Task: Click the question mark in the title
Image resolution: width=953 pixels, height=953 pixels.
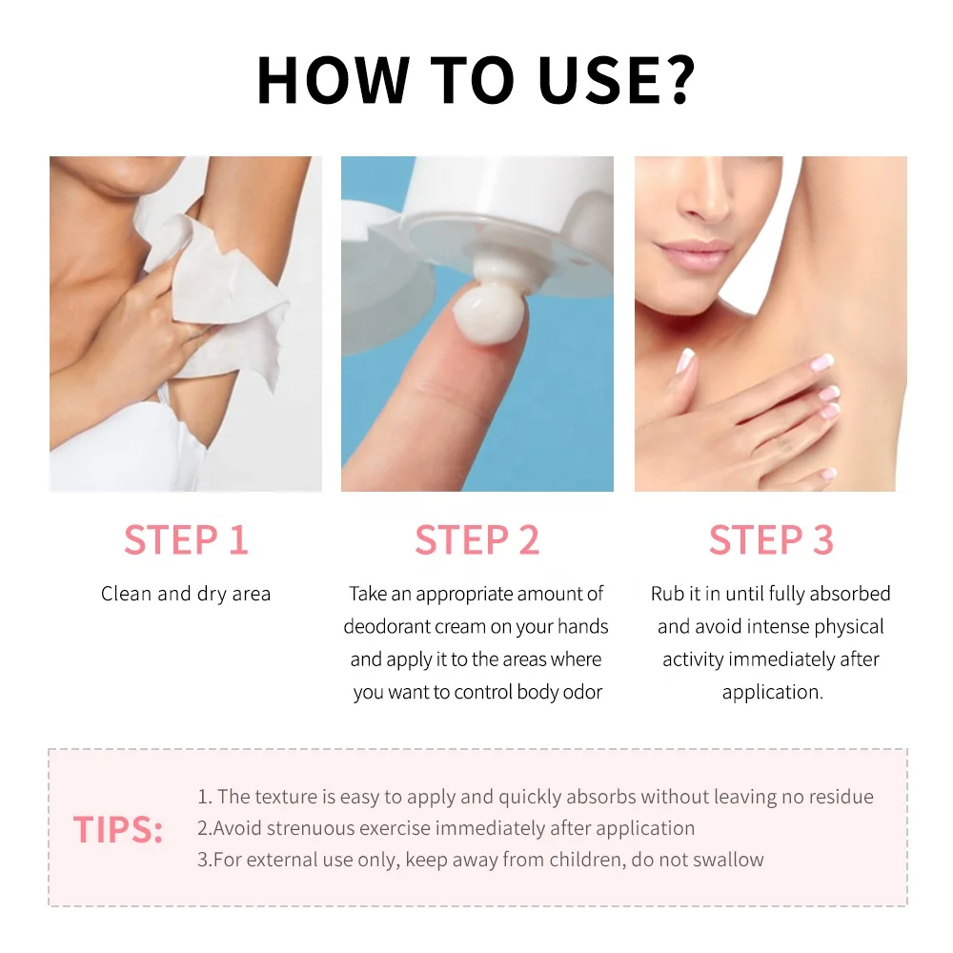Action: (x=677, y=80)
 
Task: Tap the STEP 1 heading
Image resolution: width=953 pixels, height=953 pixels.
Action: (x=186, y=539)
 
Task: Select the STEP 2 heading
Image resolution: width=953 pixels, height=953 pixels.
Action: (x=477, y=539)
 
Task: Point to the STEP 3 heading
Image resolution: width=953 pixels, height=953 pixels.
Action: (x=771, y=539)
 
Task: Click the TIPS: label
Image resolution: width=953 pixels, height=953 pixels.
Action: (x=118, y=829)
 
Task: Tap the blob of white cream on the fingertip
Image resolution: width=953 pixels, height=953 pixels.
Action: (x=489, y=313)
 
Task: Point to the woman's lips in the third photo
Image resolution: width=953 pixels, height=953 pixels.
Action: (x=694, y=253)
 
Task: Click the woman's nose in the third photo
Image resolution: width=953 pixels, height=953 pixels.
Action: (x=705, y=194)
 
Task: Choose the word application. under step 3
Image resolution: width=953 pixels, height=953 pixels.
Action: (x=773, y=692)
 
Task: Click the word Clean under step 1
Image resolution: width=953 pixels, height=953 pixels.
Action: (x=126, y=594)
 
